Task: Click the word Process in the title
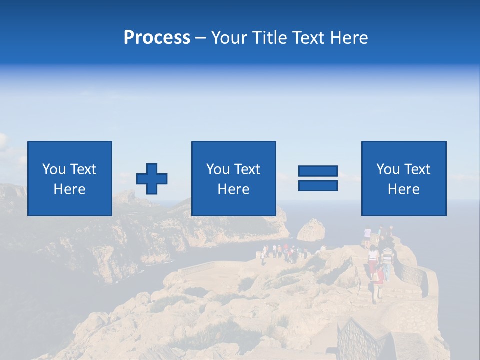[157, 38]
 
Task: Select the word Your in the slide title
[229, 38]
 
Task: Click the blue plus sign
[152, 179]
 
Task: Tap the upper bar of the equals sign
[318, 171]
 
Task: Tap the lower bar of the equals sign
[318, 185]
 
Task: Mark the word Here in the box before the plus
[70, 189]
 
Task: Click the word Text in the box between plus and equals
[248, 169]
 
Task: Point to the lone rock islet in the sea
[311, 229]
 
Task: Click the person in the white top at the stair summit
[368, 235]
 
